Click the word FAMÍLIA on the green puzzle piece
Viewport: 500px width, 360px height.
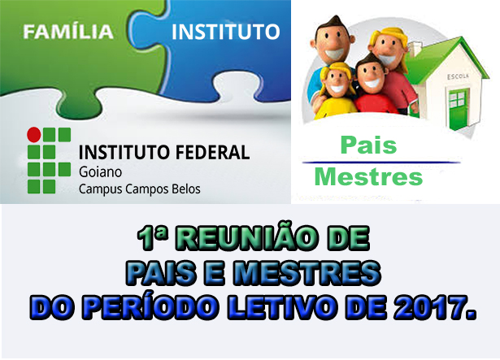click(x=68, y=32)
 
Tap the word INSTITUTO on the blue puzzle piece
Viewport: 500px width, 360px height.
click(x=226, y=32)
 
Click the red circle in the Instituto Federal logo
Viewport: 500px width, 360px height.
click(x=34, y=135)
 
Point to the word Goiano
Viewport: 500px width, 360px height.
click(x=101, y=172)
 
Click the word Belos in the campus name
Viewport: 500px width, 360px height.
click(x=186, y=189)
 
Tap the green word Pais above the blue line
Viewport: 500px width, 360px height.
click(x=368, y=145)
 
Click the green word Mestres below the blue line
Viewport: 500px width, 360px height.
click(x=368, y=176)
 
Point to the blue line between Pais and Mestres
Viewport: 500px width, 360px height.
click(x=381, y=163)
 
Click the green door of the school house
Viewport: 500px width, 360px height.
click(x=459, y=109)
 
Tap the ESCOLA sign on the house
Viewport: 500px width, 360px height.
click(x=458, y=76)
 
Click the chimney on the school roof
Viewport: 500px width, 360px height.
click(x=415, y=50)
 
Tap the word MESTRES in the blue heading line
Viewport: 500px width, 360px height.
click(x=307, y=273)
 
